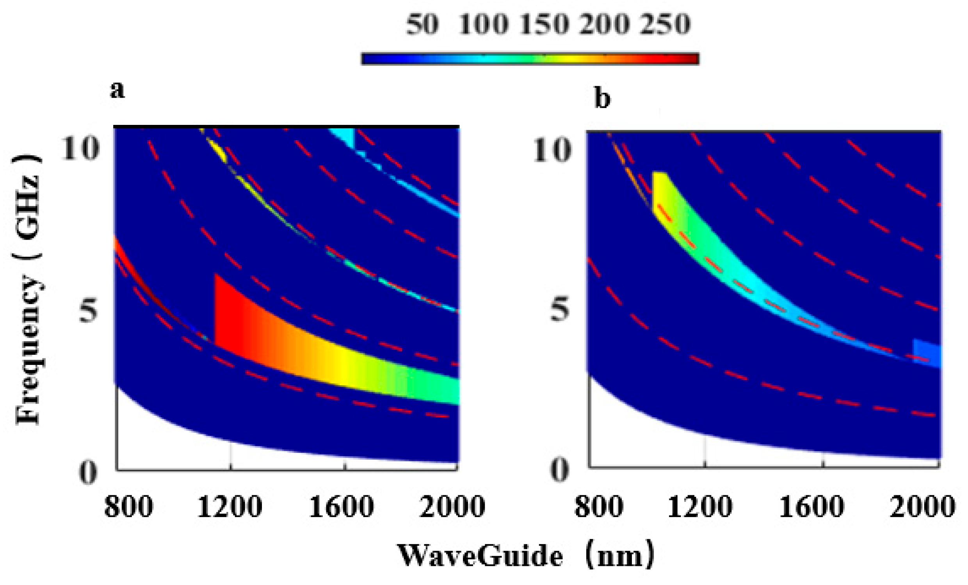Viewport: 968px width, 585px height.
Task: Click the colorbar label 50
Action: click(422, 24)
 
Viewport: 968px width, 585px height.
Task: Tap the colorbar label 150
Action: click(544, 24)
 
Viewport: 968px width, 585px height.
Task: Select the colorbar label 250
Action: click(665, 24)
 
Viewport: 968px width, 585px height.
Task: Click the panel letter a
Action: click(117, 90)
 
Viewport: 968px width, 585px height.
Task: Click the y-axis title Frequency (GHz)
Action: click(28, 289)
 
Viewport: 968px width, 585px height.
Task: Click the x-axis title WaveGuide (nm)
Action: click(526, 555)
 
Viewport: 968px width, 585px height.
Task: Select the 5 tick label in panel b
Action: click(559, 309)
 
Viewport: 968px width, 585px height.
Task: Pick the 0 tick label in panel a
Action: click(87, 473)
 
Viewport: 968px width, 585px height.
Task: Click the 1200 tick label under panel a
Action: click(230, 507)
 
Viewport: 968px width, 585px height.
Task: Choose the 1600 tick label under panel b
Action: click(811, 507)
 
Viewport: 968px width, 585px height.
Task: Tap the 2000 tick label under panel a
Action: click(452, 507)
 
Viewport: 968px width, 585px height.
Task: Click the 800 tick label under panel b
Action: click(599, 507)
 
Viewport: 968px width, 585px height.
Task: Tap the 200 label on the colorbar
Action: click(605, 24)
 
